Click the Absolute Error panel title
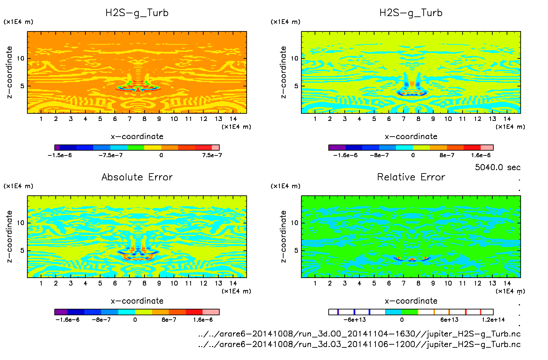[x=137, y=177]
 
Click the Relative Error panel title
[x=411, y=177]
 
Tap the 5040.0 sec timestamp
[x=497, y=167]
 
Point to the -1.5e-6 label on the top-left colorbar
[x=60, y=155]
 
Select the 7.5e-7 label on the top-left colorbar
[x=212, y=155]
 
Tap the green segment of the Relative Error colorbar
[x=410, y=312]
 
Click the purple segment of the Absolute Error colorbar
[x=61, y=312]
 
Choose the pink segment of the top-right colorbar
[x=487, y=148]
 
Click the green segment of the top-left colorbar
[x=135, y=148]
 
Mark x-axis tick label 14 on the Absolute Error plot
[x=233, y=283]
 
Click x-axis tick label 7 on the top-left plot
[x=129, y=119]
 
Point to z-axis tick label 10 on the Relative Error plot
[x=294, y=223]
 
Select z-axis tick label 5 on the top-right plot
[x=296, y=86]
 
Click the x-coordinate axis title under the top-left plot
[x=137, y=137]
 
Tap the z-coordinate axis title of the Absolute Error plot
[x=9, y=236]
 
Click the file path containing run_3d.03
[x=359, y=344]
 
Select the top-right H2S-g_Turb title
[x=411, y=13]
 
